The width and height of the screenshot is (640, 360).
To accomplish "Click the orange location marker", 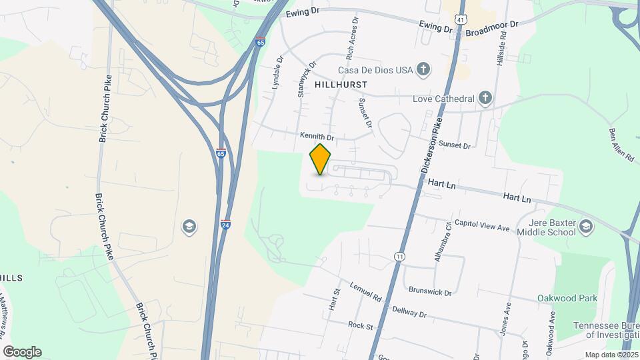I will click(321, 159).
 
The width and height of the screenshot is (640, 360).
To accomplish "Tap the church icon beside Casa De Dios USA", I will click(423, 69).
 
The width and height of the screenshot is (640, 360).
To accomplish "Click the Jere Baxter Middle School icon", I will click(586, 227).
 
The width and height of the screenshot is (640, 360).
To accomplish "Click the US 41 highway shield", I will click(461, 21).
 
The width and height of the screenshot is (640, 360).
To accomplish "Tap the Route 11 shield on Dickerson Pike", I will click(399, 256).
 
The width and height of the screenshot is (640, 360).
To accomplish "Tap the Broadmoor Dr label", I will click(492, 24).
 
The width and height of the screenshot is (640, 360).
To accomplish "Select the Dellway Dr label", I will click(409, 311).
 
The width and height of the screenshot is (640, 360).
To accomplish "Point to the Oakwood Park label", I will click(567, 298).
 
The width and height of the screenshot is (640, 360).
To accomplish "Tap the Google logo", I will click(22, 352).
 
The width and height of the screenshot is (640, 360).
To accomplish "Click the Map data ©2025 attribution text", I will click(611, 355).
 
